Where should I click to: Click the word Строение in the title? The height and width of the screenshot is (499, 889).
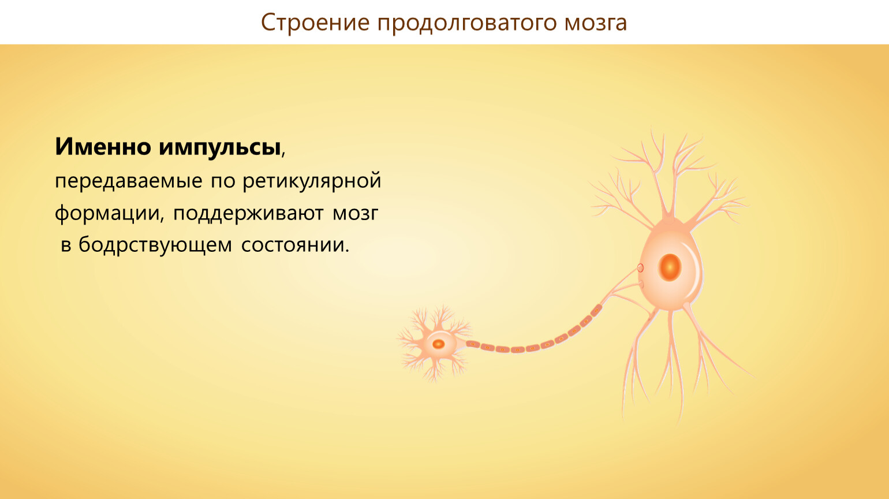pos(315,23)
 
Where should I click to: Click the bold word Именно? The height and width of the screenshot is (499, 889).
pos(103,146)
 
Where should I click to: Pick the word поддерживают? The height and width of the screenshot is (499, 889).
pos(248,214)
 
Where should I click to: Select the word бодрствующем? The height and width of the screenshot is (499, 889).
pos(155,245)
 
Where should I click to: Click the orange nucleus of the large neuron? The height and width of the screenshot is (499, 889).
pos(670,267)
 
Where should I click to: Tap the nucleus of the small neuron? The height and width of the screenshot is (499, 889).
pos(438,344)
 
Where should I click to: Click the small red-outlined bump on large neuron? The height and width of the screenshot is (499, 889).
pos(640,268)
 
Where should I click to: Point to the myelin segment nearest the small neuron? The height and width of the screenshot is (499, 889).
pos(473,344)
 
